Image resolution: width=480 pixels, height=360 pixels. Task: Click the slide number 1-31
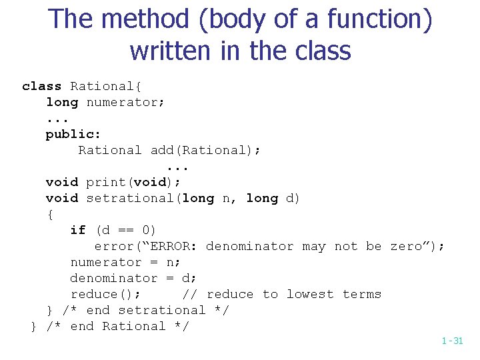click(451, 341)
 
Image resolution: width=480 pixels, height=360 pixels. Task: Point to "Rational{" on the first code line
click(105, 86)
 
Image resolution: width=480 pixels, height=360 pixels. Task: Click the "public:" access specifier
click(73, 134)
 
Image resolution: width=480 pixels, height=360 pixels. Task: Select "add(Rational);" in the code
click(205, 150)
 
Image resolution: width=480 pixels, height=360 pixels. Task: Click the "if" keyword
click(78, 230)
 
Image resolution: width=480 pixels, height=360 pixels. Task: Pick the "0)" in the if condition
click(149, 230)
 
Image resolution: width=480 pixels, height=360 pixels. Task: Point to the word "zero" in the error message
click(406, 246)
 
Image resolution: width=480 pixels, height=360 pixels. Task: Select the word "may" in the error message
click(314, 246)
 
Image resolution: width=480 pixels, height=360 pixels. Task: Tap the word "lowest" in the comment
click(310, 294)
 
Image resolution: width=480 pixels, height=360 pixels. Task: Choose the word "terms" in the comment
click(362, 294)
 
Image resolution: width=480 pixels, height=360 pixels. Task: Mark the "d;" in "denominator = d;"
click(189, 278)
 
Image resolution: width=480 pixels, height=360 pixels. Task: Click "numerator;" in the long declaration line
click(125, 102)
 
